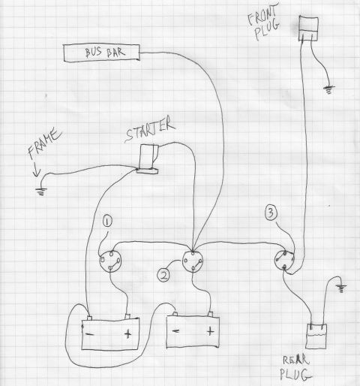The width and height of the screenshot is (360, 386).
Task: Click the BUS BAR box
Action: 101,53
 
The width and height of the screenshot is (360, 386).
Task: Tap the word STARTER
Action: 150,130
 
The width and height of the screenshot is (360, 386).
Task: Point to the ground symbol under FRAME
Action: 40,192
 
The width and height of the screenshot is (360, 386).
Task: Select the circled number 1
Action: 107,222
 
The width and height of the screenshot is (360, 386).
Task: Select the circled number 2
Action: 163,276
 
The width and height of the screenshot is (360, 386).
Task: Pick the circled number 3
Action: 271,213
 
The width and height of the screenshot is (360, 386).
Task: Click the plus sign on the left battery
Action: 127,333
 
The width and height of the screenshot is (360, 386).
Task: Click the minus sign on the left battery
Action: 89,334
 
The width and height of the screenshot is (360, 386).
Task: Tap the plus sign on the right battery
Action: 210,331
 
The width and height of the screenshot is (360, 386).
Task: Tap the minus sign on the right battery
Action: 175,331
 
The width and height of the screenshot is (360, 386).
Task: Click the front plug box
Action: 308,28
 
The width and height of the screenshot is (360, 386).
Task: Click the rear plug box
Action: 316,336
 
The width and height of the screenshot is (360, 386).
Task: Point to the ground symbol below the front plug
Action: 329,89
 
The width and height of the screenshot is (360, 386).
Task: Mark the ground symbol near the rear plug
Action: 341,288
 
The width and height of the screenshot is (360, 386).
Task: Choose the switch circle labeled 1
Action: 110,261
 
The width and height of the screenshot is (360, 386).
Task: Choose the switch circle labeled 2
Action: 193,261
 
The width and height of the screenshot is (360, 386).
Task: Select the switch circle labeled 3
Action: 284,261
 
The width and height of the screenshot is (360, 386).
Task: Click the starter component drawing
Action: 148,159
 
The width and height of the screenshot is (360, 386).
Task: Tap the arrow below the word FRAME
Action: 37,169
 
